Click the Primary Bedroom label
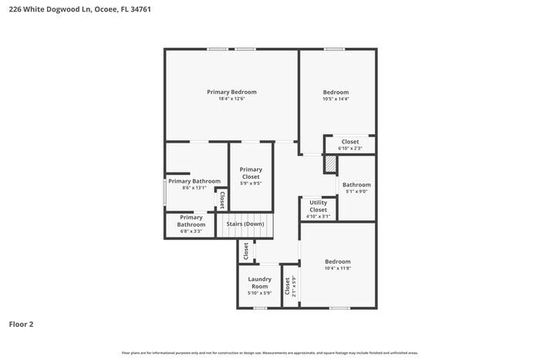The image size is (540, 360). point(231,92)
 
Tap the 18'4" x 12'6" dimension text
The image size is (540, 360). point(231,99)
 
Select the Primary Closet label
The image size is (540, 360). point(251,173)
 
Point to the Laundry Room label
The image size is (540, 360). point(259,282)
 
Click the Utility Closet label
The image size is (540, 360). point(319,206)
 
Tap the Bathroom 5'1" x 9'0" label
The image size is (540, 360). point(356,185)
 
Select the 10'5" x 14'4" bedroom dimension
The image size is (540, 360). point(336,99)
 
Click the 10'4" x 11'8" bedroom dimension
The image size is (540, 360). point(337,268)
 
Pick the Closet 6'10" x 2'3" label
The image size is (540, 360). point(350,142)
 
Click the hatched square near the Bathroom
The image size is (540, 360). point(330,164)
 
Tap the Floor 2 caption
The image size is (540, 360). point(21,325)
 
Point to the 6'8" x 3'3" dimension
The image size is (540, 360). point(191,230)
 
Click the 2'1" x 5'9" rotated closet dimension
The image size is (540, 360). point(294,286)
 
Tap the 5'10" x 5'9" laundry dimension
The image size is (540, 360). point(259,293)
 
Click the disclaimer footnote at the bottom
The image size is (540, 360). point(270,352)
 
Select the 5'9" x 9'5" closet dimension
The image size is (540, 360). point(251,183)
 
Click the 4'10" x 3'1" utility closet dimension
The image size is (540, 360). point(319,217)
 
